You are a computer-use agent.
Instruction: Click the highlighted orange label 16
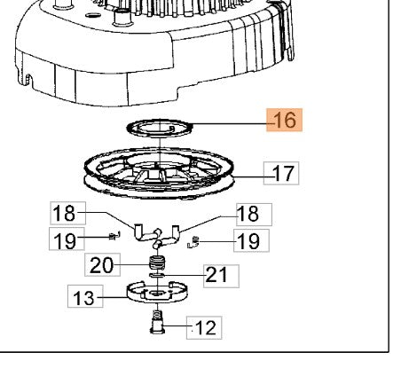click(284, 120)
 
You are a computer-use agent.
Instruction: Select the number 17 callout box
click(281, 173)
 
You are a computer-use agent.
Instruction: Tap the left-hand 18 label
click(67, 213)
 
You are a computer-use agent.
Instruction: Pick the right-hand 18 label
click(254, 215)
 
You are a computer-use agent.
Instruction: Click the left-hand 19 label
click(67, 239)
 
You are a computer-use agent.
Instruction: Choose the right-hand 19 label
click(251, 240)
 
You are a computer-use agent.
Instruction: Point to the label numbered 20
click(102, 264)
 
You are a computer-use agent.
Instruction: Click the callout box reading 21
click(221, 276)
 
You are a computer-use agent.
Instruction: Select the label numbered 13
click(85, 296)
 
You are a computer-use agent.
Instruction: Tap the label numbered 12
click(204, 327)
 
